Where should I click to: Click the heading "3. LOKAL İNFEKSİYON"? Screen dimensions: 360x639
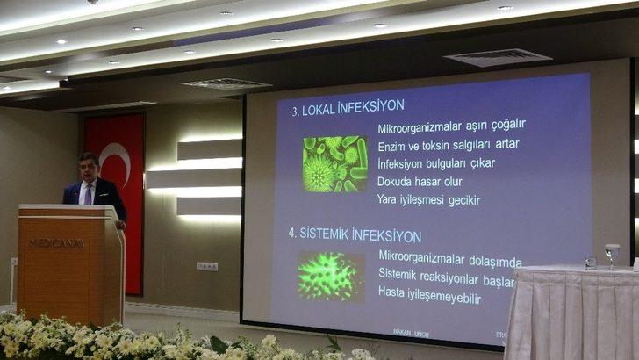(348, 105)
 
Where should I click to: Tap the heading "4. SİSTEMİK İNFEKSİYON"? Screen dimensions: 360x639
(355, 235)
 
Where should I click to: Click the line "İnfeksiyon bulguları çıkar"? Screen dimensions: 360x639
(436, 163)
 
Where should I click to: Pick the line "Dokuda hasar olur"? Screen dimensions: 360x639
(420, 182)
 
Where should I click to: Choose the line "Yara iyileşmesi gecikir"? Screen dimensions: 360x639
(428, 200)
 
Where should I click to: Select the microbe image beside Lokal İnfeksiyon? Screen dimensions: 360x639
(334, 164)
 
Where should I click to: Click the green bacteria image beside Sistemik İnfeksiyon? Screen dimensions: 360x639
(330, 277)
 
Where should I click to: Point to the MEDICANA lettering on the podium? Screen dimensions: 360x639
(56, 242)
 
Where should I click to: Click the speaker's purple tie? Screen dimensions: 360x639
(87, 193)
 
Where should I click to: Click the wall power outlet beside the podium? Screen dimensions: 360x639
(207, 266)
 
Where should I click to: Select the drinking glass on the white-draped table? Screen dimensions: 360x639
(611, 256)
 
